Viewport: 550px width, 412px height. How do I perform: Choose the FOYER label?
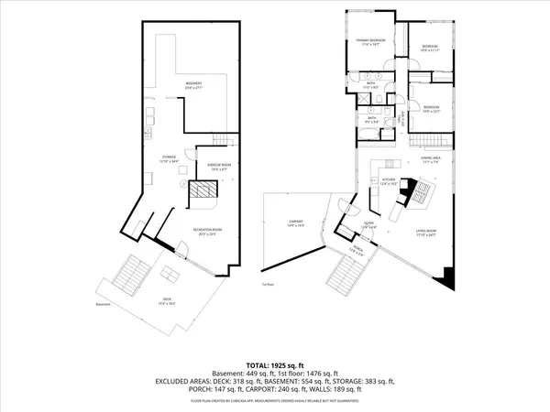[368, 225]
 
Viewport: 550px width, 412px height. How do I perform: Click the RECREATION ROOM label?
[202, 232]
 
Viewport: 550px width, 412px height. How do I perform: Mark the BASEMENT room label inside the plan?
[193, 85]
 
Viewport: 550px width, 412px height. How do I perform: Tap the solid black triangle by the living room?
[446, 278]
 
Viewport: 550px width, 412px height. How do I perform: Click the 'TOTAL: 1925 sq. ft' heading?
[274, 364]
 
